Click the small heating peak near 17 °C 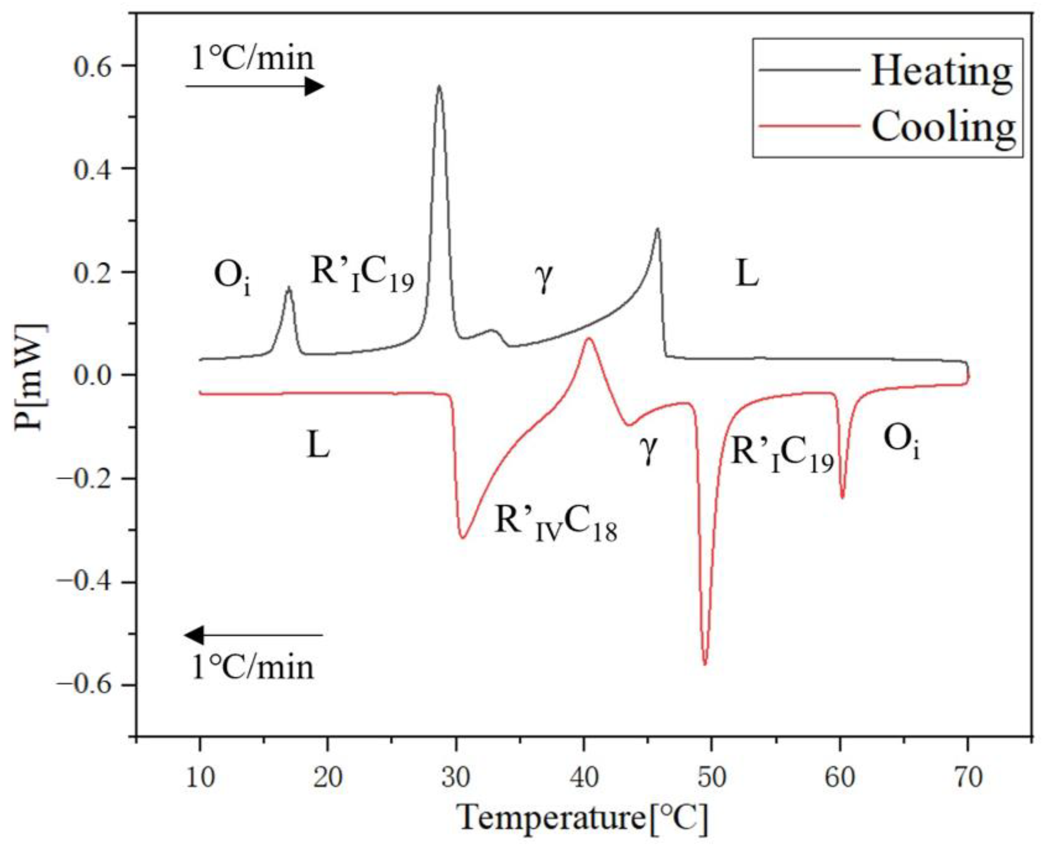[x=289, y=288]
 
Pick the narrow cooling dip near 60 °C [x=843, y=497]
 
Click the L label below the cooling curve [x=318, y=446]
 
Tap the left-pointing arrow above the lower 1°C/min [x=254, y=635]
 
